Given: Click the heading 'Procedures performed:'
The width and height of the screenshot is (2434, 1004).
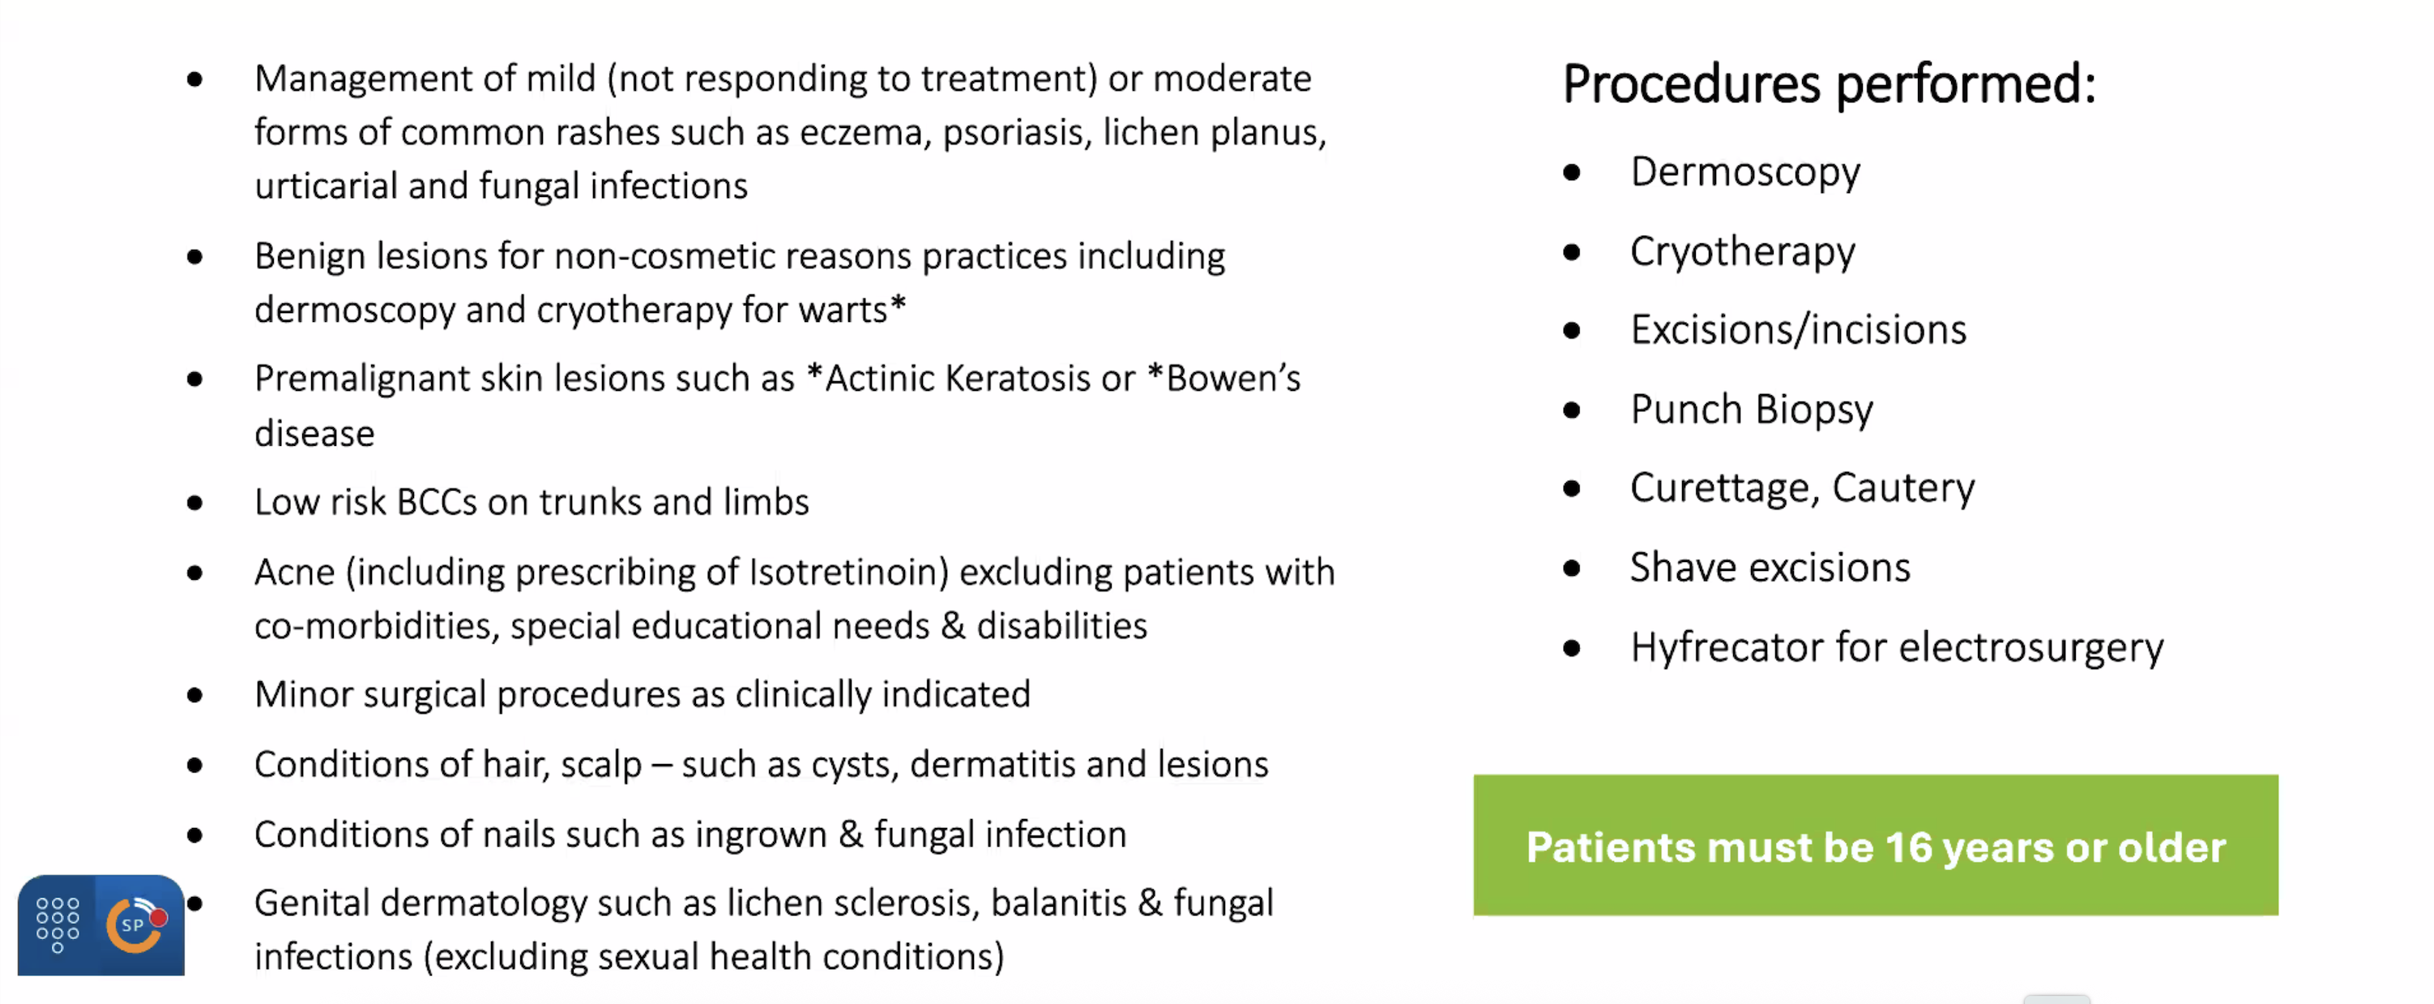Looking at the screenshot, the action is (x=1830, y=84).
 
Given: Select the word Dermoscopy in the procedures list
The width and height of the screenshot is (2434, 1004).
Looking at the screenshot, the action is (x=1745, y=173).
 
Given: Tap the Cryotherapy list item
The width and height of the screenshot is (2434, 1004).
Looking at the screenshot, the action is (x=1742, y=252).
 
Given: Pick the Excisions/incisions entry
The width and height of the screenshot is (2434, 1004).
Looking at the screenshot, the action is (x=1798, y=330).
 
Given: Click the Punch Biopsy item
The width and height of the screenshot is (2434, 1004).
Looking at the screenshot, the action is (x=1752, y=410).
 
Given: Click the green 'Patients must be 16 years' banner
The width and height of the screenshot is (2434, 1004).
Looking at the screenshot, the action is (x=1876, y=845).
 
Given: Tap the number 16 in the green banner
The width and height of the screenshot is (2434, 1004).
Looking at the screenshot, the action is (x=1910, y=847).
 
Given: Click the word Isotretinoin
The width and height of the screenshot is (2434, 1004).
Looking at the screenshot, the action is (x=848, y=572).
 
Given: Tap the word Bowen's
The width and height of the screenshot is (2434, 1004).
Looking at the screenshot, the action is (x=1233, y=378).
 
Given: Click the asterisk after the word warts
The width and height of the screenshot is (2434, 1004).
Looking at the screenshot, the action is (x=898, y=304).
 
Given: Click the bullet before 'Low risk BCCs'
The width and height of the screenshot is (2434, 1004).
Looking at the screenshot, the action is (x=194, y=503).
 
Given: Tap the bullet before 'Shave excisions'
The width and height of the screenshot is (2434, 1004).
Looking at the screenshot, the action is (x=1571, y=569).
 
